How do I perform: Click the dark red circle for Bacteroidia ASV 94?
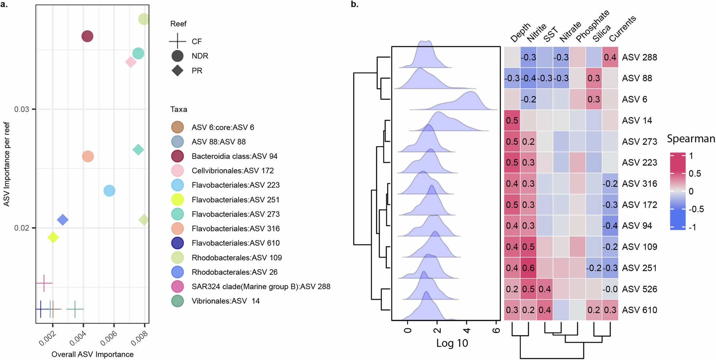pos(87,36)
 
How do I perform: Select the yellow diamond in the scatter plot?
pos(53,237)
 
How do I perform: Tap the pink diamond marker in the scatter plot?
pos(131,62)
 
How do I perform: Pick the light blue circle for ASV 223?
pos(109,191)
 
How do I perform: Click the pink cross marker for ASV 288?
pos(44,283)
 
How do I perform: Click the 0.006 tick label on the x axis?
pos(108,339)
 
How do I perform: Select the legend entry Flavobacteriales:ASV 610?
pos(235,243)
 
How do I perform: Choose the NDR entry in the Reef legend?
pos(199,56)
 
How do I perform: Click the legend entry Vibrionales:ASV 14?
pos(226,301)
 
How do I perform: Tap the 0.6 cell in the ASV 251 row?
pos(528,268)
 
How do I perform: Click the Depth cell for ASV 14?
pos(512,120)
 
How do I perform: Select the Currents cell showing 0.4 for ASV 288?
pos(610,57)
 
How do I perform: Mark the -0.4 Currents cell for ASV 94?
pos(610,226)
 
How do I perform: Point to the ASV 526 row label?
pos(639,289)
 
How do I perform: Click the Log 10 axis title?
pos(452,343)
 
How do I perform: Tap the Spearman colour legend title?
pos(691,139)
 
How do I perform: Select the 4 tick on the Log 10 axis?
pos(466,330)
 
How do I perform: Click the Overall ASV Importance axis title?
pos(92,354)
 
